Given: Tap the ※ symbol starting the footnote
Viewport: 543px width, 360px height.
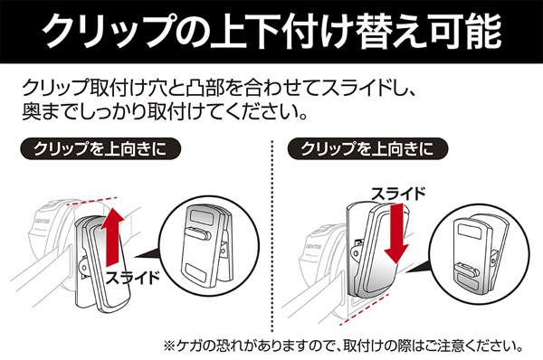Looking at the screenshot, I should (x=167, y=346).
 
